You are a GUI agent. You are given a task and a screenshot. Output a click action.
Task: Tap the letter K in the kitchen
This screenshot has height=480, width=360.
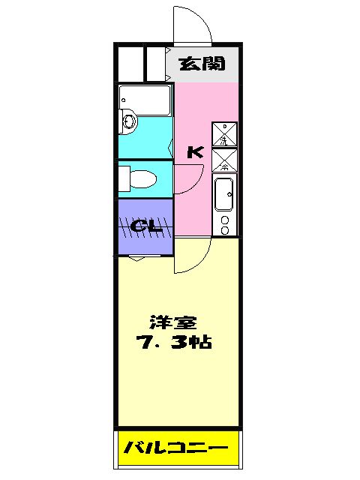(194, 152)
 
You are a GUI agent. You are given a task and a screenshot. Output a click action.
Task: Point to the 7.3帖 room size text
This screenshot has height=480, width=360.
(173, 343)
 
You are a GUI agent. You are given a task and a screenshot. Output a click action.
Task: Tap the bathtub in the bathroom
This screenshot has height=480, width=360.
(145, 97)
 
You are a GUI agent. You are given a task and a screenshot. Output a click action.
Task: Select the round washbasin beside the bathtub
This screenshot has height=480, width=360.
(127, 121)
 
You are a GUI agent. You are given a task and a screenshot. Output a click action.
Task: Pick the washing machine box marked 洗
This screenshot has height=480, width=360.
(225, 133)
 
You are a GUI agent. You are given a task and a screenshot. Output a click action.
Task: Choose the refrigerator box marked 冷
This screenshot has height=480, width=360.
(225, 159)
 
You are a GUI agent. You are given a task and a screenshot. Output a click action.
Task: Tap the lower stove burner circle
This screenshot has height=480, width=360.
(224, 227)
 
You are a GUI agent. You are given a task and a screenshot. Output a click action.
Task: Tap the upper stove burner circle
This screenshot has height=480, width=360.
(224, 218)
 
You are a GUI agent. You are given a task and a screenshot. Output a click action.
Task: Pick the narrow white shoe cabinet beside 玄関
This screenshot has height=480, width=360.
(154, 63)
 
